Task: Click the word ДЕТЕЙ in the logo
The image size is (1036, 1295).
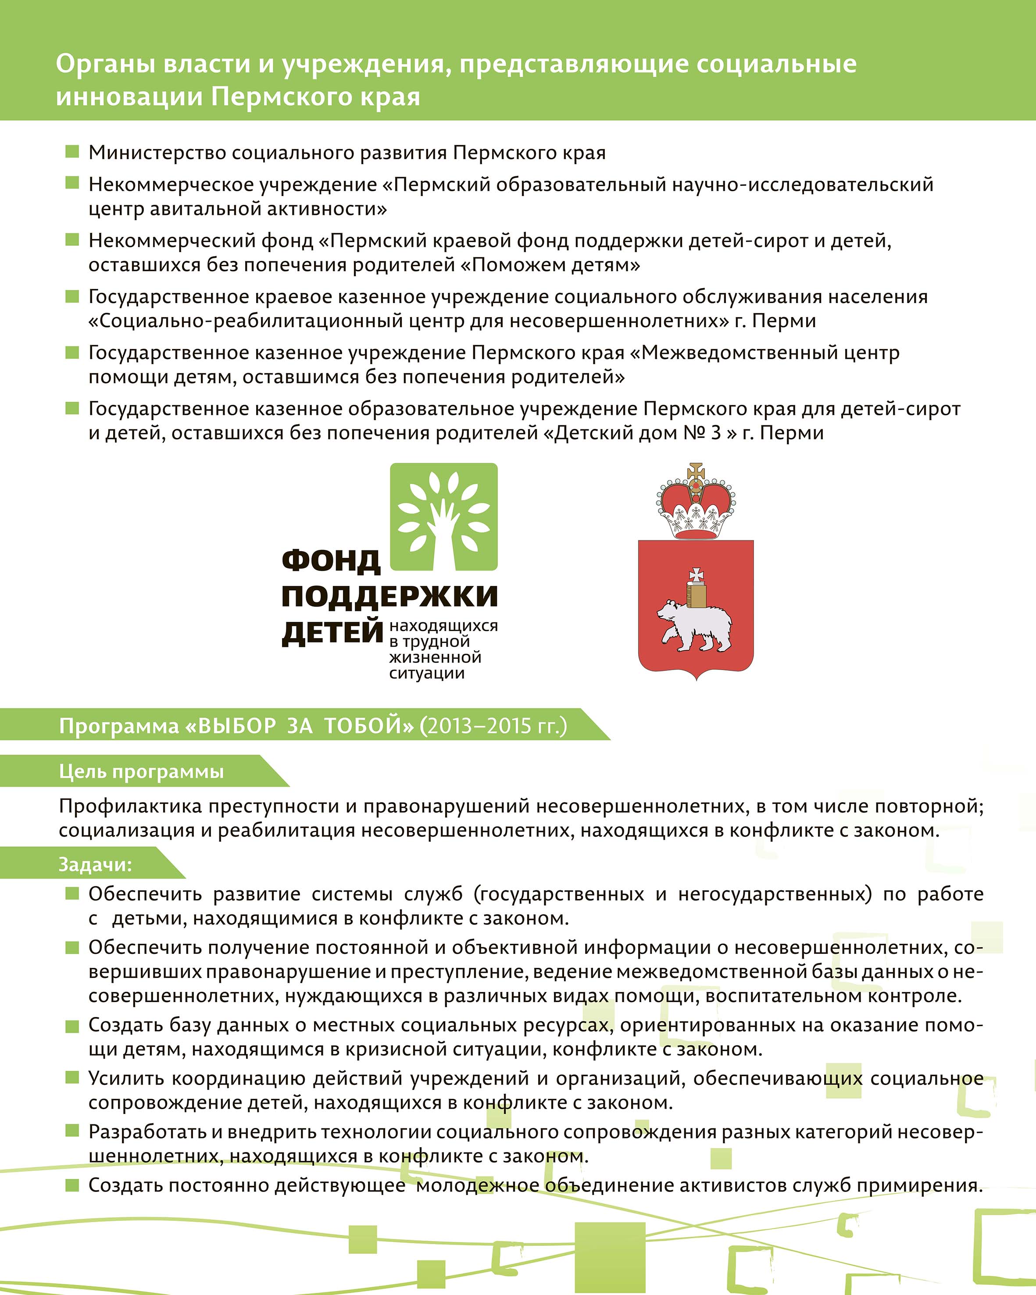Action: point(332,632)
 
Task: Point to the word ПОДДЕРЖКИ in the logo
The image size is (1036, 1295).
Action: point(389,596)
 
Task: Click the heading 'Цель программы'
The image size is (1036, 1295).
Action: point(141,772)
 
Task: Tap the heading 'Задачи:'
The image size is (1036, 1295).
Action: point(95,864)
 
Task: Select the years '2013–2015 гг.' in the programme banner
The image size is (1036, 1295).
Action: point(493,726)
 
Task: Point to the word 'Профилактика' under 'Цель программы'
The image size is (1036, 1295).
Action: point(130,806)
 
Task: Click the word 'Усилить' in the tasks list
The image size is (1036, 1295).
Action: point(125,1078)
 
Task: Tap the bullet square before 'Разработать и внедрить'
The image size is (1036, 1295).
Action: point(72,1131)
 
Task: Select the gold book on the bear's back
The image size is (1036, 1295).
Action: point(696,595)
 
